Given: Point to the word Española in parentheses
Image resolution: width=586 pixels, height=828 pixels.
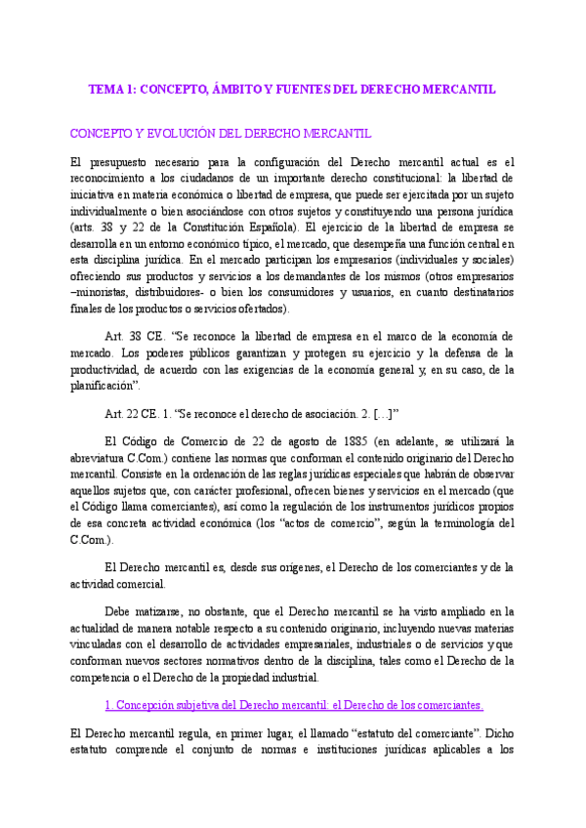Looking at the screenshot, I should tap(304, 228).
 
